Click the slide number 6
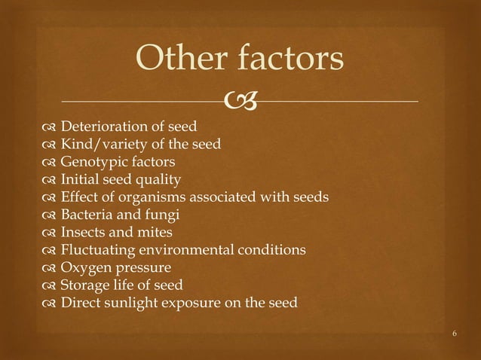click(x=455, y=331)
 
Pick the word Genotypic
click(x=93, y=161)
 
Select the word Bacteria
click(x=87, y=215)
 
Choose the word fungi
click(x=166, y=215)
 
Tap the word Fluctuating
click(x=99, y=250)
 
